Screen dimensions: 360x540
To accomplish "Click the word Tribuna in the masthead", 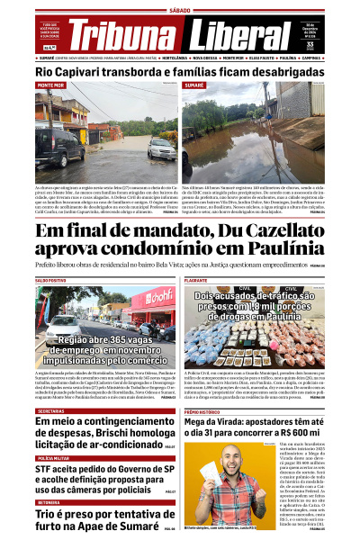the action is tap(126, 36).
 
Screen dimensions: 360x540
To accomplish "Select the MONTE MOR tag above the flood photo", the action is tap(50, 85).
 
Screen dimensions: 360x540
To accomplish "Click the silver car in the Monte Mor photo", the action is tap(162, 148).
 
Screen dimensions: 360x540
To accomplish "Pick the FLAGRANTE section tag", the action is tap(196, 281).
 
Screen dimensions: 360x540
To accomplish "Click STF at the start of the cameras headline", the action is tap(46, 470).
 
